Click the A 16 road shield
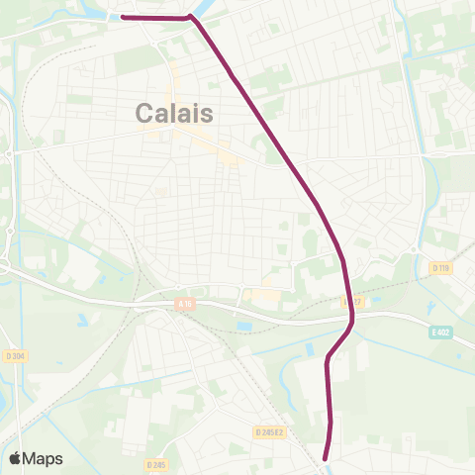pos(185,305)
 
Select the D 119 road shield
pos(440,267)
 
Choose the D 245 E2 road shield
pos(268,431)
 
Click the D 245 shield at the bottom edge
pos(155,463)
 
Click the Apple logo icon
pos(16,458)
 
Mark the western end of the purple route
pos(122,17)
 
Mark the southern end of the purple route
pos(328,457)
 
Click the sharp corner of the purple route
pos(191,18)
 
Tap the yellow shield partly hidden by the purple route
pos(346,300)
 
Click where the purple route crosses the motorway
pos(351,317)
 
